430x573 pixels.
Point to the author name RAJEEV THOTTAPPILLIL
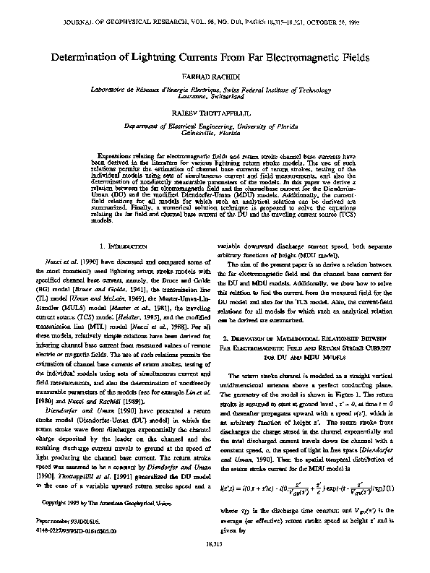(215, 113)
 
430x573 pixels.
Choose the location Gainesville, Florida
(215, 134)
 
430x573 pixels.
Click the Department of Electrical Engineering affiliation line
(215, 126)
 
